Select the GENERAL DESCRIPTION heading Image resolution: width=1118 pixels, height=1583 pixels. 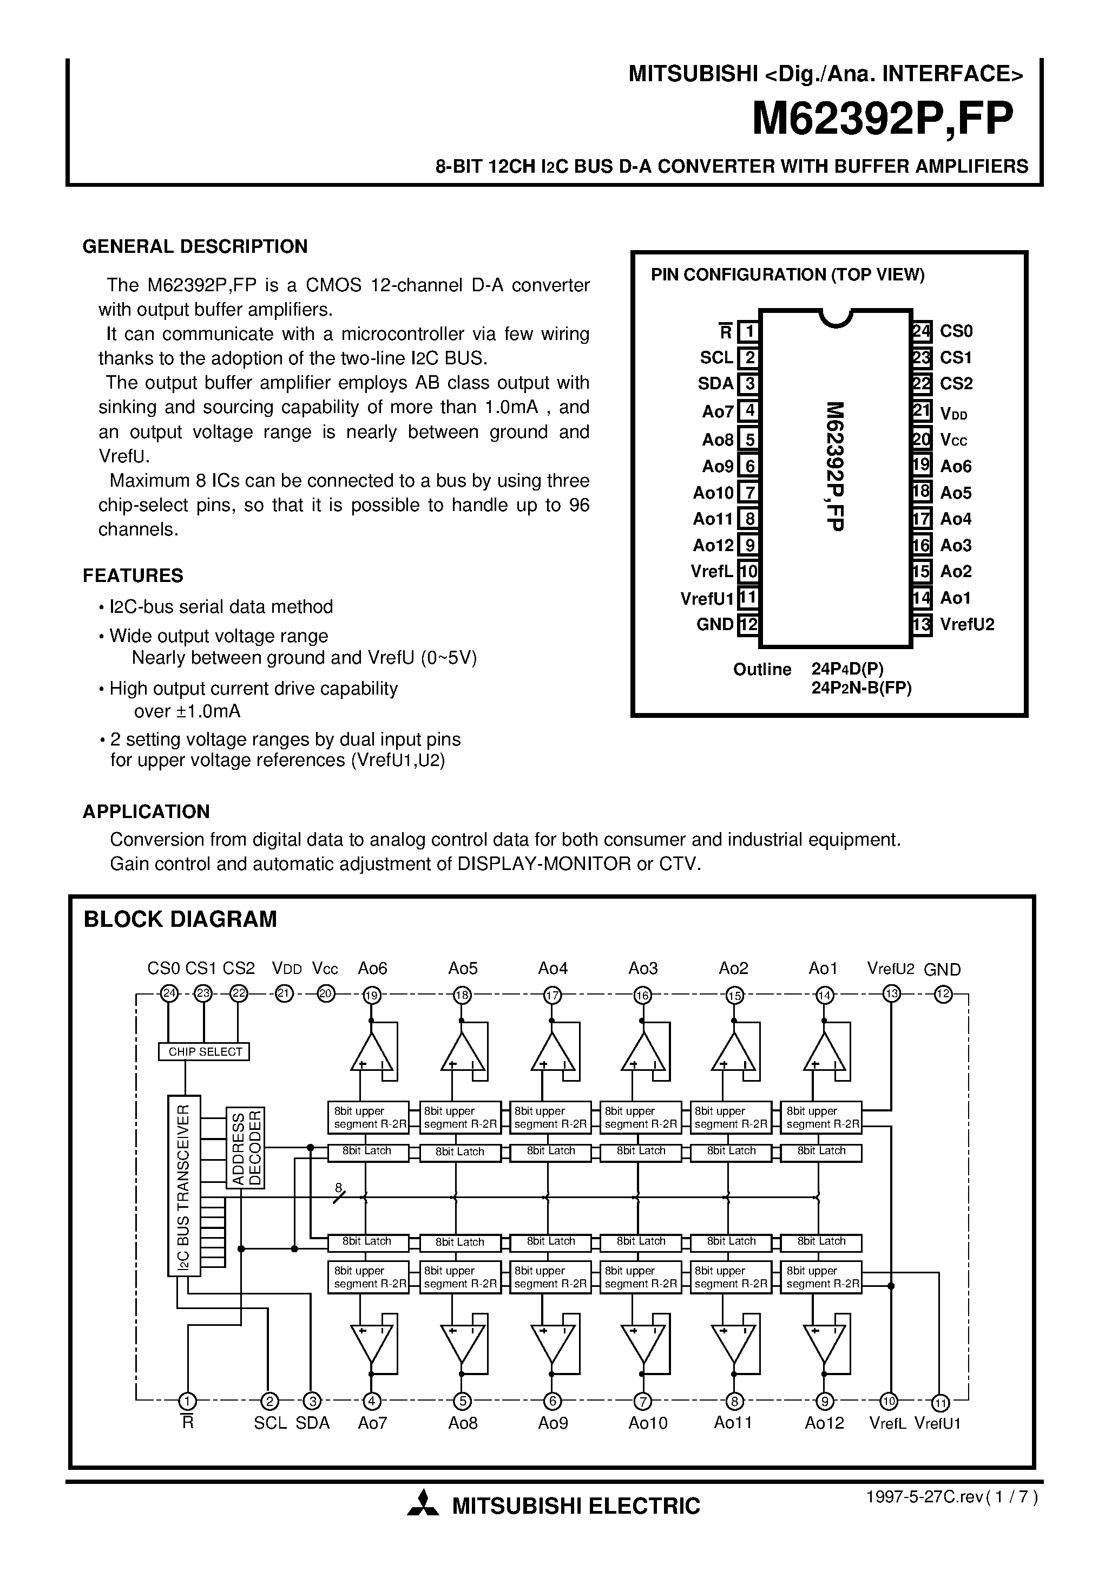point(195,247)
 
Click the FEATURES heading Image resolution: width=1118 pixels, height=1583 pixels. point(133,575)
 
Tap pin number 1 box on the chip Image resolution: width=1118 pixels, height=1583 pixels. point(748,332)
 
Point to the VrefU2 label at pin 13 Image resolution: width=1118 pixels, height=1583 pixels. point(967,625)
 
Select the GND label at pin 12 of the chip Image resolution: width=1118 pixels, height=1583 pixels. point(715,625)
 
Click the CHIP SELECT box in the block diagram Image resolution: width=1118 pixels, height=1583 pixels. point(205,1051)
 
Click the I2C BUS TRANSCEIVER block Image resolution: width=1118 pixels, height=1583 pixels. point(184,1185)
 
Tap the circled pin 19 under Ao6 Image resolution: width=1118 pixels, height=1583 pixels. point(372,995)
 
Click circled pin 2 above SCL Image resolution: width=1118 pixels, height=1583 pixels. point(269,1402)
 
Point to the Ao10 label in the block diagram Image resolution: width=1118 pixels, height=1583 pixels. point(648,1423)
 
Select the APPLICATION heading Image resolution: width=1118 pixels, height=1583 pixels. point(146,812)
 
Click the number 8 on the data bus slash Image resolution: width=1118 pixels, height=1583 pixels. point(338,1187)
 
